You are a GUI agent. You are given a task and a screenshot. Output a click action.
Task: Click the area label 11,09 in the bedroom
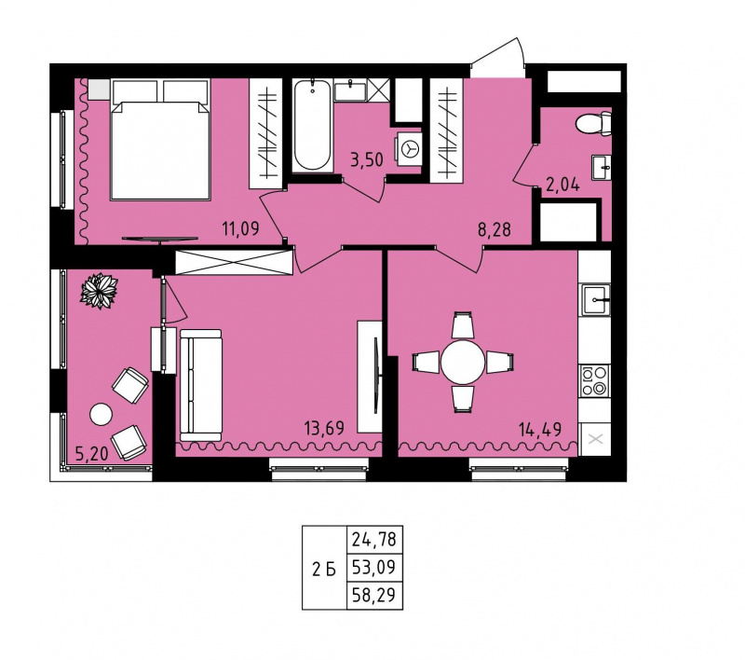[x=241, y=229]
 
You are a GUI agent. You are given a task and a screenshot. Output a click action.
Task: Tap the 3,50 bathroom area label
[x=366, y=159]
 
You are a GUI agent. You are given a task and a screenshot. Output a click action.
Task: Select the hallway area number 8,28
[x=494, y=229]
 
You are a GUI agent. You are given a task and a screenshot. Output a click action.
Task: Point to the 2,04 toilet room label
[x=563, y=185]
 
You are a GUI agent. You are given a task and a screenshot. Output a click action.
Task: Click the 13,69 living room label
[x=324, y=429]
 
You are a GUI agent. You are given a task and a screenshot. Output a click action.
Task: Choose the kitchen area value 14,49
[x=541, y=430]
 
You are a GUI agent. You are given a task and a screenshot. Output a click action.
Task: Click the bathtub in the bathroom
[x=312, y=125]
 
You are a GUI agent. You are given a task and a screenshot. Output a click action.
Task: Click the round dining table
[x=463, y=363]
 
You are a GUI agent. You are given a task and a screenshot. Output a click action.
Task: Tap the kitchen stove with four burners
[x=594, y=380]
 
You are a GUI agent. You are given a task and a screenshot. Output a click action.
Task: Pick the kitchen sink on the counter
[x=594, y=300]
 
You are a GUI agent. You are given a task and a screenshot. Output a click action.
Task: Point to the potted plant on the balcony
[x=100, y=291]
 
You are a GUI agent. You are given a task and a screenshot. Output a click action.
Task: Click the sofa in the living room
[x=201, y=386]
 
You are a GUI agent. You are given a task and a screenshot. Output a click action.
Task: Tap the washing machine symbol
[x=409, y=149]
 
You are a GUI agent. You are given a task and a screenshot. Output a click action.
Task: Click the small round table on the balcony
[x=101, y=414]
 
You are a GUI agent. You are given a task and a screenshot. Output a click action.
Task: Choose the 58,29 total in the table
[x=374, y=595]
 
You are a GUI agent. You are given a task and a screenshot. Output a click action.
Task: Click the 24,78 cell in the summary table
[x=374, y=540]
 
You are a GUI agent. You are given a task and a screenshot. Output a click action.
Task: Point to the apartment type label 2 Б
[x=324, y=570]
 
